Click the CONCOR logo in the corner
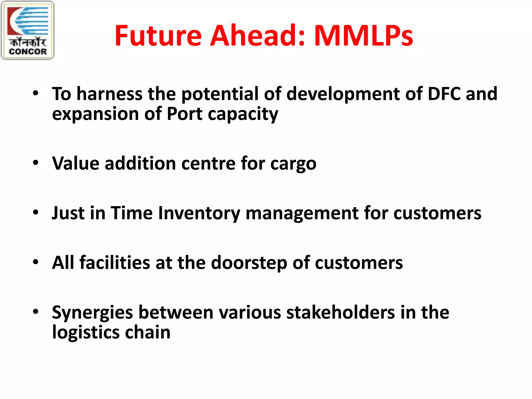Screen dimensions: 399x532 [28, 30]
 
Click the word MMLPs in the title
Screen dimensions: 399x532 [363, 36]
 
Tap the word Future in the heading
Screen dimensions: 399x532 [158, 36]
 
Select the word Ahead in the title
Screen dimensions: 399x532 [257, 36]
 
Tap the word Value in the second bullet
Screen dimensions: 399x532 [76, 163]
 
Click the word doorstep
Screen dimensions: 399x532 [249, 263]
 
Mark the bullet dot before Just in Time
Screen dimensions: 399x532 [36, 212]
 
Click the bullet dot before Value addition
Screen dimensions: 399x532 [36, 163]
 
